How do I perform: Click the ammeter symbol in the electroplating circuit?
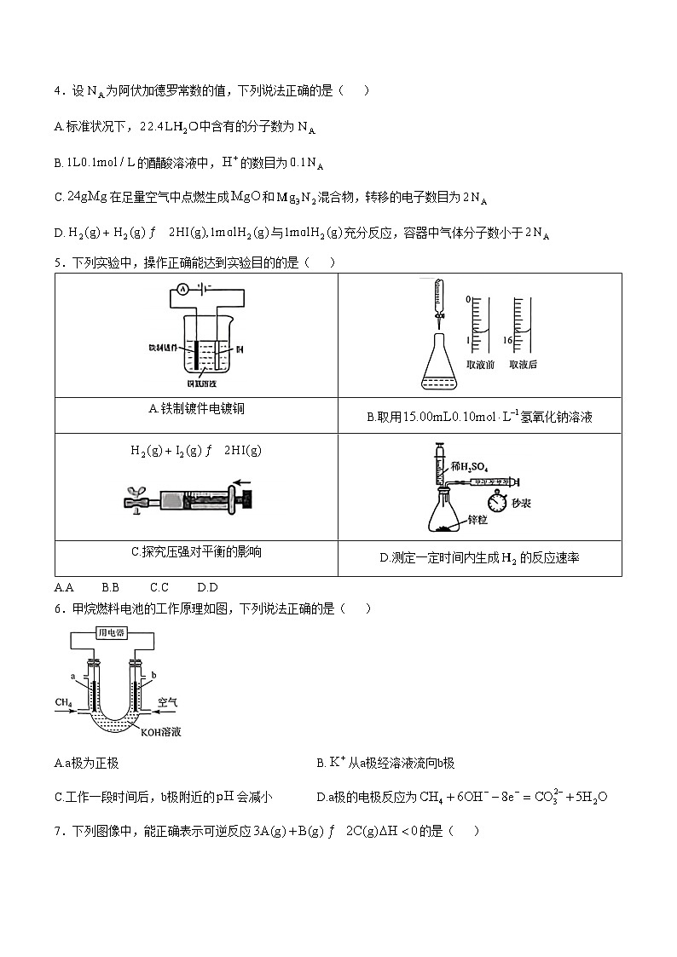pos(183,290)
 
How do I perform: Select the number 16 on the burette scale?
pos(506,340)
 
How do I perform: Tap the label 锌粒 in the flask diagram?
pos(479,520)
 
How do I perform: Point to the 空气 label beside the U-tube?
pos(168,703)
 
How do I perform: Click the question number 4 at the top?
pos(57,91)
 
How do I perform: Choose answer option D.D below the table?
pos(207,587)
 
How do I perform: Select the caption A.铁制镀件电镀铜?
pos(196,409)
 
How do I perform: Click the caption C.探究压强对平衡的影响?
pos(196,552)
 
